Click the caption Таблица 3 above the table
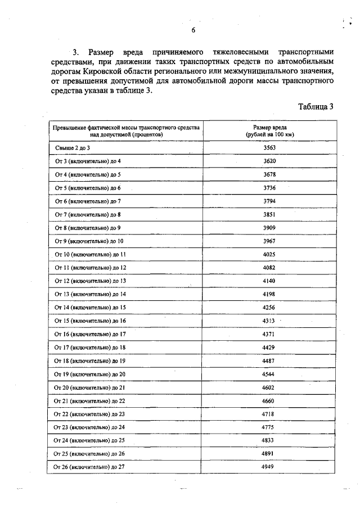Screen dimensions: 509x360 coord(316,107)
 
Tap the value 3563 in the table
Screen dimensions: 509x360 coord(269,148)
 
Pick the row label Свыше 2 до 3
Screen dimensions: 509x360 coord(73,148)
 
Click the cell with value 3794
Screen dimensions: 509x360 coord(269,201)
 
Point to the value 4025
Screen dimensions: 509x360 coord(269,254)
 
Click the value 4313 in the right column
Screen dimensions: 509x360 coord(269,321)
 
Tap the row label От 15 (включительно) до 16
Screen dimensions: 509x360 coord(90,321)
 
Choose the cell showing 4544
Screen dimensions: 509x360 coord(269,374)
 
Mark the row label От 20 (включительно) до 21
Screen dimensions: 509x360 coord(90,388)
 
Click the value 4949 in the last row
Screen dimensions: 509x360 coord(269,467)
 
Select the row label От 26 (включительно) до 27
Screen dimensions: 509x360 coord(90,467)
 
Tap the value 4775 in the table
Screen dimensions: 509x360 coord(269,427)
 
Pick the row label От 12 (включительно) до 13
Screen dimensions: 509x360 coord(90,281)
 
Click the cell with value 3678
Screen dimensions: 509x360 coord(269,174)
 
